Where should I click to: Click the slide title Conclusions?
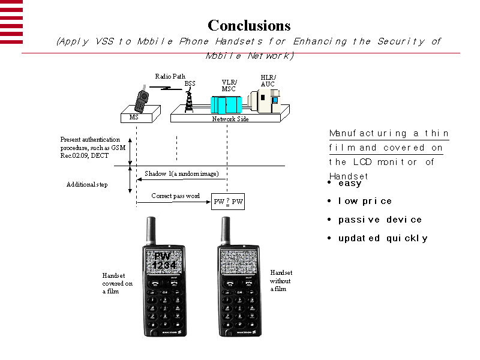pyautogui.click(x=249, y=25)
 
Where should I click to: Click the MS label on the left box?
pyautogui.click(x=134, y=118)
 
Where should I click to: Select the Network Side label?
pyautogui.click(x=230, y=119)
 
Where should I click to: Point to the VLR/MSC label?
pyautogui.click(x=229, y=85)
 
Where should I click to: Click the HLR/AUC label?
pyautogui.click(x=268, y=80)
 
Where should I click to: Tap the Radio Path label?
pyautogui.click(x=170, y=76)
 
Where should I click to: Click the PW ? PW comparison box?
pyautogui.click(x=229, y=202)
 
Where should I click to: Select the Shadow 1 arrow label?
pyautogui.click(x=181, y=173)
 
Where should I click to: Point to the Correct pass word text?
pyautogui.click(x=175, y=196)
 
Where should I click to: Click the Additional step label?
pyautogui.click(x=87, y=184)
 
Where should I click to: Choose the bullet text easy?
pyautogui.click(x=349, y=184)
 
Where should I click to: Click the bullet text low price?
pyautogui.click(x=365, y=201)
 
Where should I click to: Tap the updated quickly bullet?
pyautogui.click(x=383, y=238)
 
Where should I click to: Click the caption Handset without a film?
pyautogui.click(x=280, y=280)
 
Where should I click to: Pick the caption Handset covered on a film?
pyautogui.click(x=117, y=283)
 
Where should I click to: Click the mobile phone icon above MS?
pyautogui.click(x=142, y=100)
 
